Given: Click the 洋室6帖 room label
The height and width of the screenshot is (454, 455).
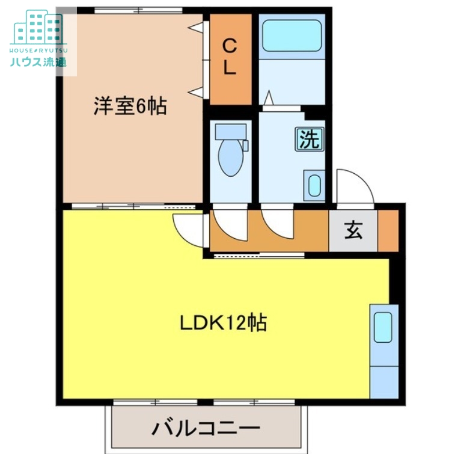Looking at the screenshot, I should point(130,106).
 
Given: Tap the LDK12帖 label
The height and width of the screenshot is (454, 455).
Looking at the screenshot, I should point(223,324).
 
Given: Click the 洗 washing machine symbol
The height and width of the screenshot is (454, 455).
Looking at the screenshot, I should point(309,140).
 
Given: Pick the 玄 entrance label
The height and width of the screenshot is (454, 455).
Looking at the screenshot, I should point(353,230).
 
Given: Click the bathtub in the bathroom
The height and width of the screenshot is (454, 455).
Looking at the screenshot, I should point(292,36).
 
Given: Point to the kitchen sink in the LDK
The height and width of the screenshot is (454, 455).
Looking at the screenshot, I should point(383,328).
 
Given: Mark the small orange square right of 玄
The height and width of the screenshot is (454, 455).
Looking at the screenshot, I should point(388,230).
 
